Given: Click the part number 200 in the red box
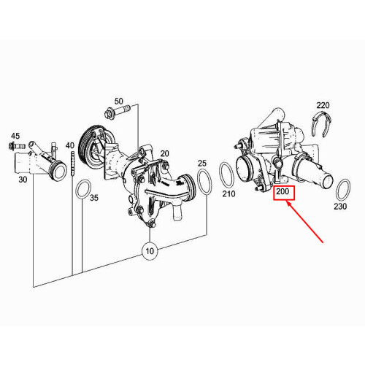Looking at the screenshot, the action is (283, 191).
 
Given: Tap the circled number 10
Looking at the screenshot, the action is (150, 250).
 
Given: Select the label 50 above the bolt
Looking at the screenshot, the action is (119, 101).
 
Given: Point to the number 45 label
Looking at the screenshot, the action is (15, 136).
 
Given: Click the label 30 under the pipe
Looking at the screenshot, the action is (23, 180).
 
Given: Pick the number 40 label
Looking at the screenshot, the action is (70, 145).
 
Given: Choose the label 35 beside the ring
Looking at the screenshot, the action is (94, 198).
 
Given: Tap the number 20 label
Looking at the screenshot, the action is (164, 153).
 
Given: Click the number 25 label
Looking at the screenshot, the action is (202, 164).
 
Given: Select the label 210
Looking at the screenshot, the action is (228, 194).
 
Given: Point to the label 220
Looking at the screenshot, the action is (323, 105).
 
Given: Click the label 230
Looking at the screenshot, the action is (340, 207).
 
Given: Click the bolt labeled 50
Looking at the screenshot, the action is (118, 111).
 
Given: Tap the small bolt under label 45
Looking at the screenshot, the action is (17, 147).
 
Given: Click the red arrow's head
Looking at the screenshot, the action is (288, 202).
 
